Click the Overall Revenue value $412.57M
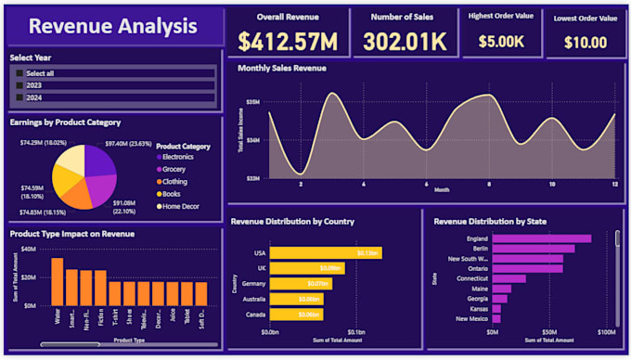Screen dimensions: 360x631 coord(287,41)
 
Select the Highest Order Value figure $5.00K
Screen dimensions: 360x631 coord(501,41)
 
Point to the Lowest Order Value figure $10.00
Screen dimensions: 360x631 coord(586,42)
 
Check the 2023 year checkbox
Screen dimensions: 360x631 coord(19,85)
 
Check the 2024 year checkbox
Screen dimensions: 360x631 coord(19,96)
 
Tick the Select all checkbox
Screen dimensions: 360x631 coord(19,73)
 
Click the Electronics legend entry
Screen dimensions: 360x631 coord(176,157)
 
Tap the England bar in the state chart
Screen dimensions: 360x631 coord(541,238)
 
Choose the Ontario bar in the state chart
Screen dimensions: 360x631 coord(527,269)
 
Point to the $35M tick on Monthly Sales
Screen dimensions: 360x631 coord(252,101)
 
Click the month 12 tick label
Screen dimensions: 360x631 coord(614,184)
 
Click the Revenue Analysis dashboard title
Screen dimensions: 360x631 coord(112,26)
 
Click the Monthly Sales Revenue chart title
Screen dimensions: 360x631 coord(281,69)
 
